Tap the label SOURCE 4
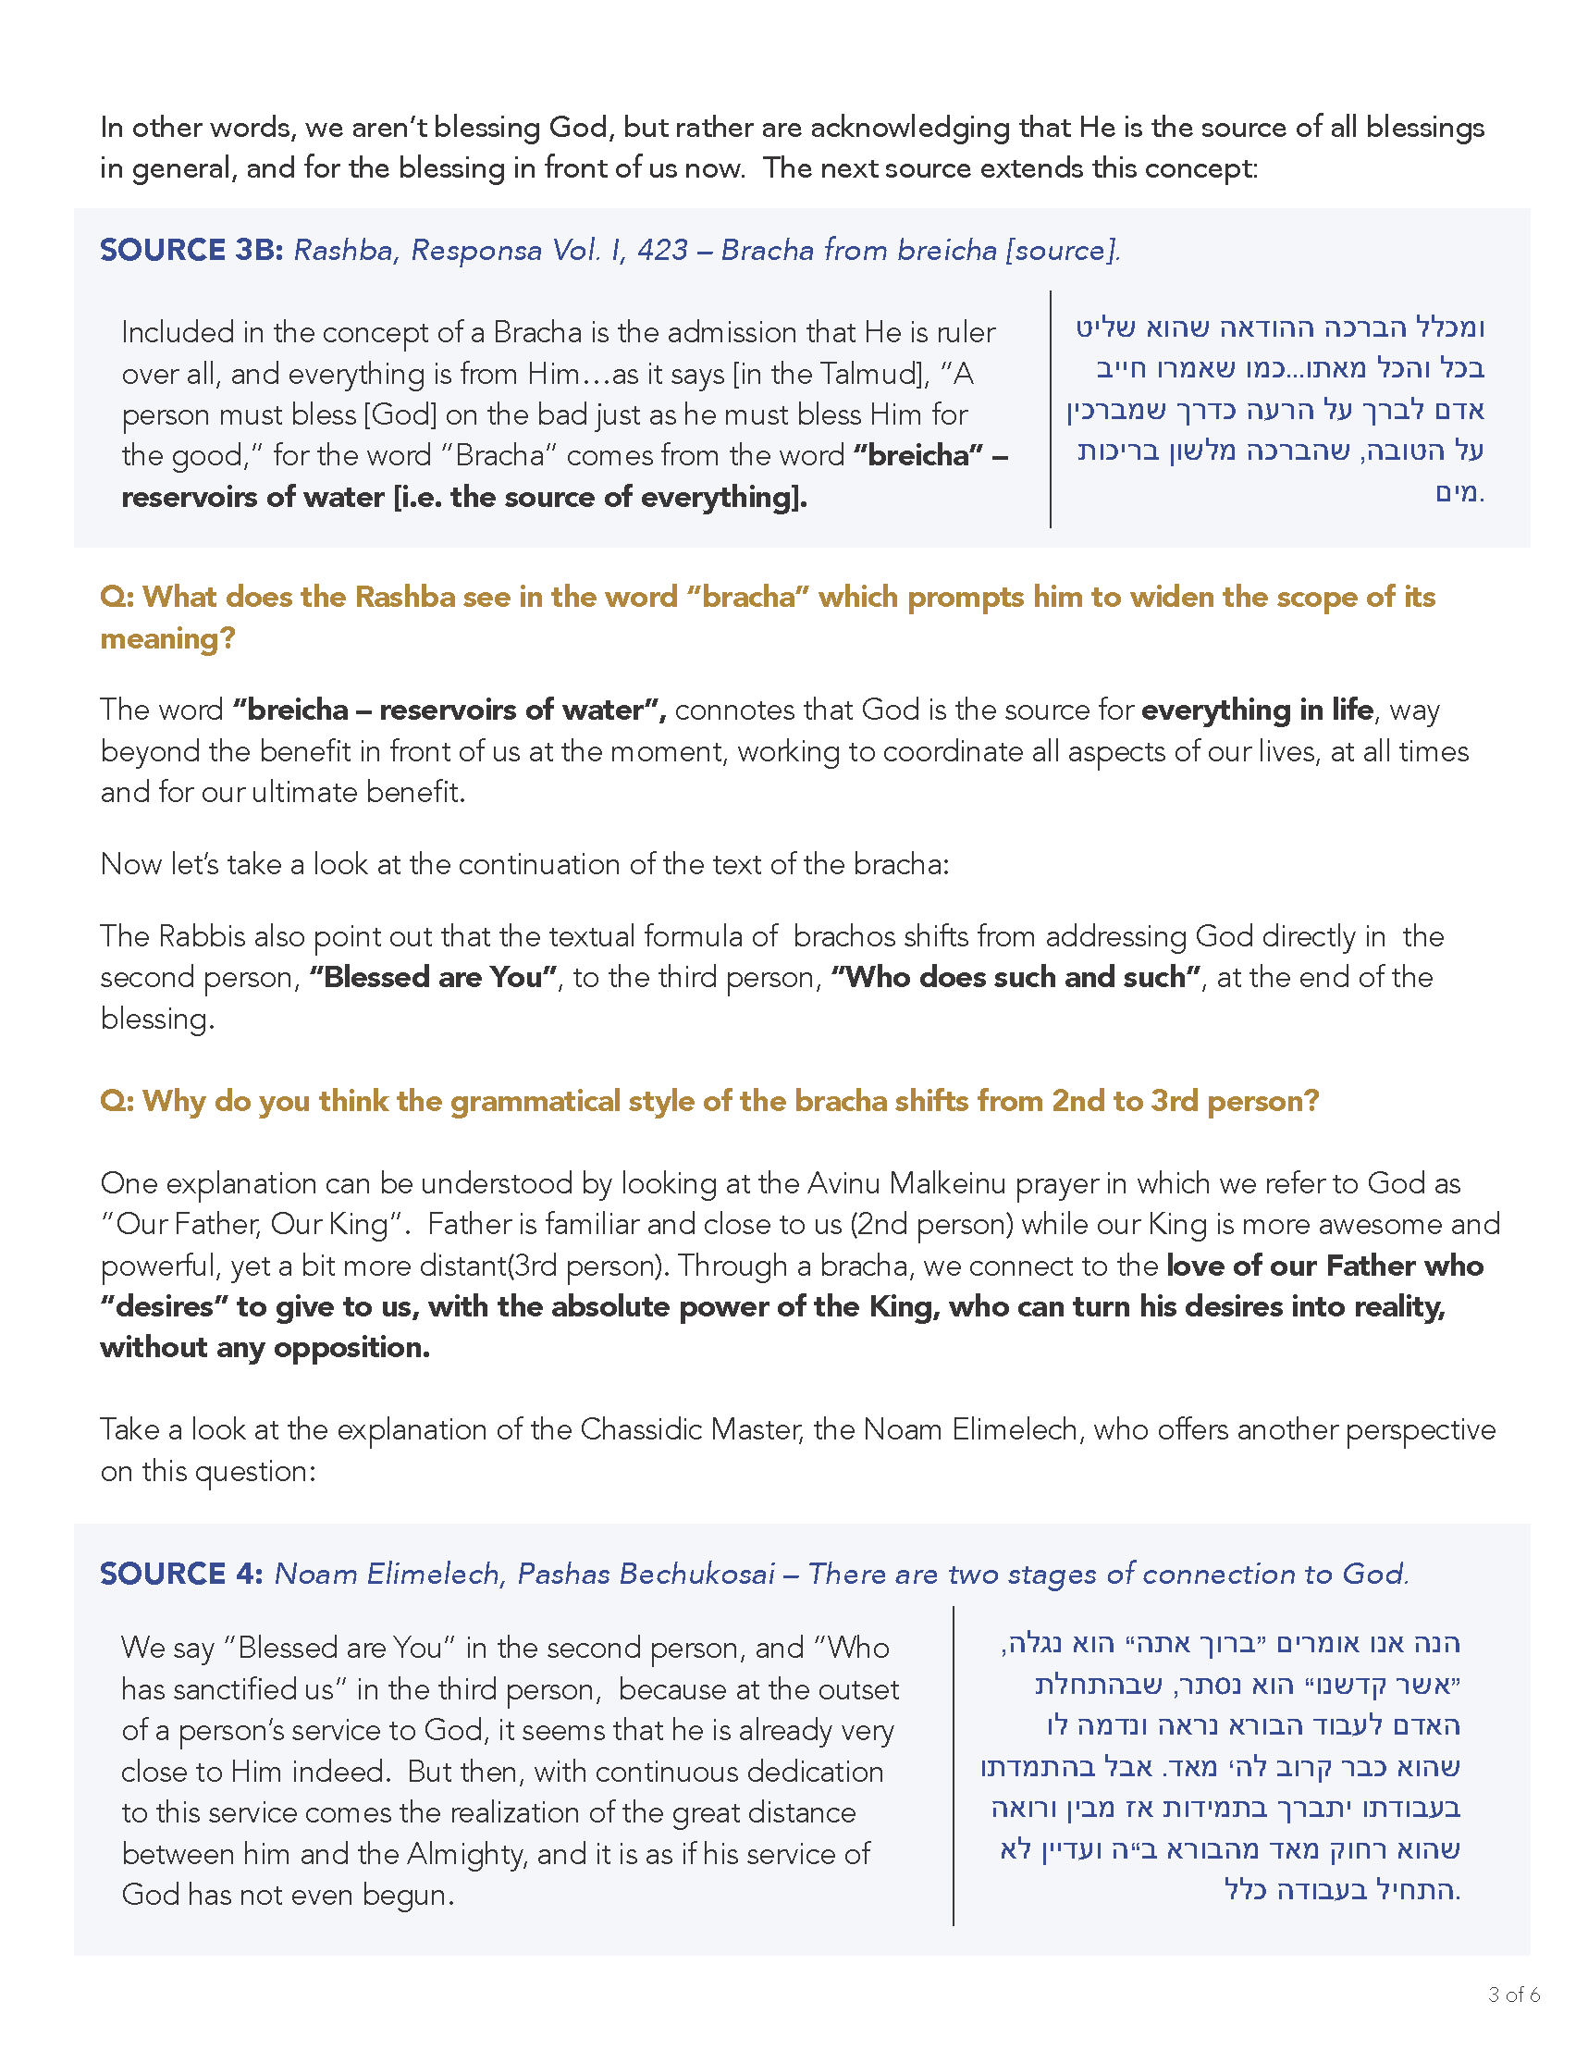click(x=181, y=1574)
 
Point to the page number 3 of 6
click(x=1514, y=1995)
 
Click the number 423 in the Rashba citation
click(x=662, y=250)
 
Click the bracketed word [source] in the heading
click(x=1062, y=251)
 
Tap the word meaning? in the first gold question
click(x=167, y=638)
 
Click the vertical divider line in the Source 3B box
click(x=1050, y=410)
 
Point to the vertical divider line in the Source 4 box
click(x=954, y=1765)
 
